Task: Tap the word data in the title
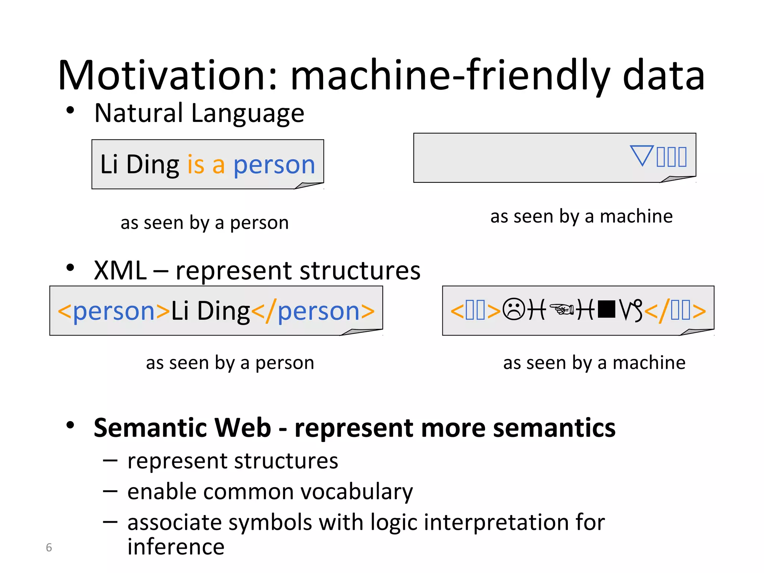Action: point(664,76)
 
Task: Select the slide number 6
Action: point(49,547)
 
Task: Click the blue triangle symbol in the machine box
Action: point(642,155)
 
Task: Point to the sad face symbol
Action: point(514,310)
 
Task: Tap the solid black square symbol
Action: point(606,309)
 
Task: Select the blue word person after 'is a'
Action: point(274,165)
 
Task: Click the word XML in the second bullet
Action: point(120,270)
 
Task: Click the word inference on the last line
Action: point(176,547)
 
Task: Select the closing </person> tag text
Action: point(313,311)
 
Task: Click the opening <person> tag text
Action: point(114,311)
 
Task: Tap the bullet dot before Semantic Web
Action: point(70,425)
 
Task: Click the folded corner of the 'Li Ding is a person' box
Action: point(310,185)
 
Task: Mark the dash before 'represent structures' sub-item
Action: point(110,461)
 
